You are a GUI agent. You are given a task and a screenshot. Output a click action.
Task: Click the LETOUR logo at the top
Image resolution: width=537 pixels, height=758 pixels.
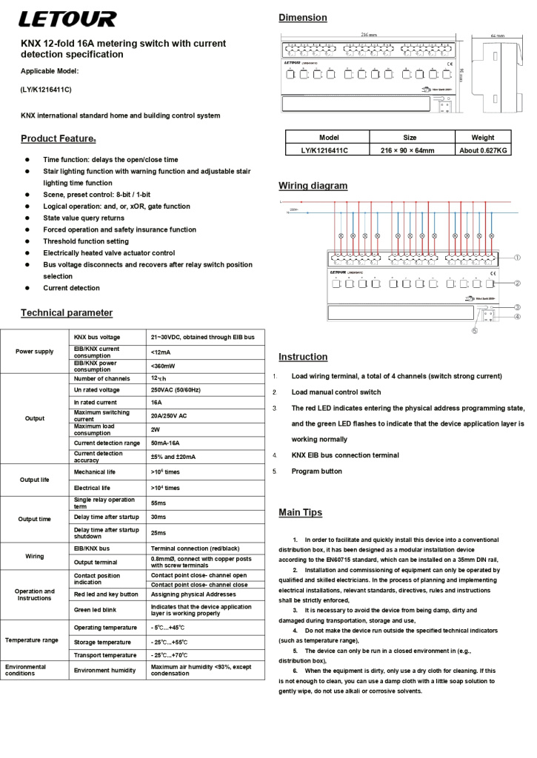[x=68, y=19]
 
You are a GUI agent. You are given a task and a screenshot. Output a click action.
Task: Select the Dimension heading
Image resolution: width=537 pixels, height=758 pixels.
[x=302, y=17]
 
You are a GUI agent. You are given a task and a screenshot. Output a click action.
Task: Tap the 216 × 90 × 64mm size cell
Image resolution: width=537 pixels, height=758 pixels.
[x=408, y=150]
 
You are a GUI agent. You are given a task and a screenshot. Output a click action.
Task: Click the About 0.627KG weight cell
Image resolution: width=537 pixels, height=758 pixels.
[x=483, y=150]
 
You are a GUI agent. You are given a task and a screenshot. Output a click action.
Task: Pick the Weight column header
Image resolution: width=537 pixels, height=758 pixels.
[x=483, y=138]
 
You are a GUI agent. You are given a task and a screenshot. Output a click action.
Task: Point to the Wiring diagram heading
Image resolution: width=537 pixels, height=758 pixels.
[x=313, y=186]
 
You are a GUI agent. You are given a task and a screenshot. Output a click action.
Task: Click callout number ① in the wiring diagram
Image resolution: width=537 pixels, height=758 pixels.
[x=518, y=258]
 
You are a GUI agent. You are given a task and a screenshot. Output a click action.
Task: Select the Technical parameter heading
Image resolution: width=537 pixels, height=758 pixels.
[x=67, y=313]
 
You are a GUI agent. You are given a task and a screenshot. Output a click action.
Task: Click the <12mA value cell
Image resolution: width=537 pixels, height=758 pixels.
[x=161, y=352]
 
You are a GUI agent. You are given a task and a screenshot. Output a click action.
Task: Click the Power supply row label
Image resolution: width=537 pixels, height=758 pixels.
[x=35, y=351]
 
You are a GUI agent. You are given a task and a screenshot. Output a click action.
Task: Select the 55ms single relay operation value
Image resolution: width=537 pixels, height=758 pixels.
[x=158, y=503]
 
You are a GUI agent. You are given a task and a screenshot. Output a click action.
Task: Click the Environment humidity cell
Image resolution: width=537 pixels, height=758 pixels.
[x=104, y=670]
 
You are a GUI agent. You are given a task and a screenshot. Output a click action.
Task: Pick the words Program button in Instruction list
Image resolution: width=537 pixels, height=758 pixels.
[x=316, y=471]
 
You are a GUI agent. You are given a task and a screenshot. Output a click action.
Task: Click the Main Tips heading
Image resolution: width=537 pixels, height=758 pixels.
[x=300, y=512]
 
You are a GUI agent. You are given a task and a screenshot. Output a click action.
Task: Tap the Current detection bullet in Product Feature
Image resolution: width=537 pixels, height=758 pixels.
[x=71, y=288]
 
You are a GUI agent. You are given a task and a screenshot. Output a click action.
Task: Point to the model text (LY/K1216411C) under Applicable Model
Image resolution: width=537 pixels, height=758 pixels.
[x=46, y=90]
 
